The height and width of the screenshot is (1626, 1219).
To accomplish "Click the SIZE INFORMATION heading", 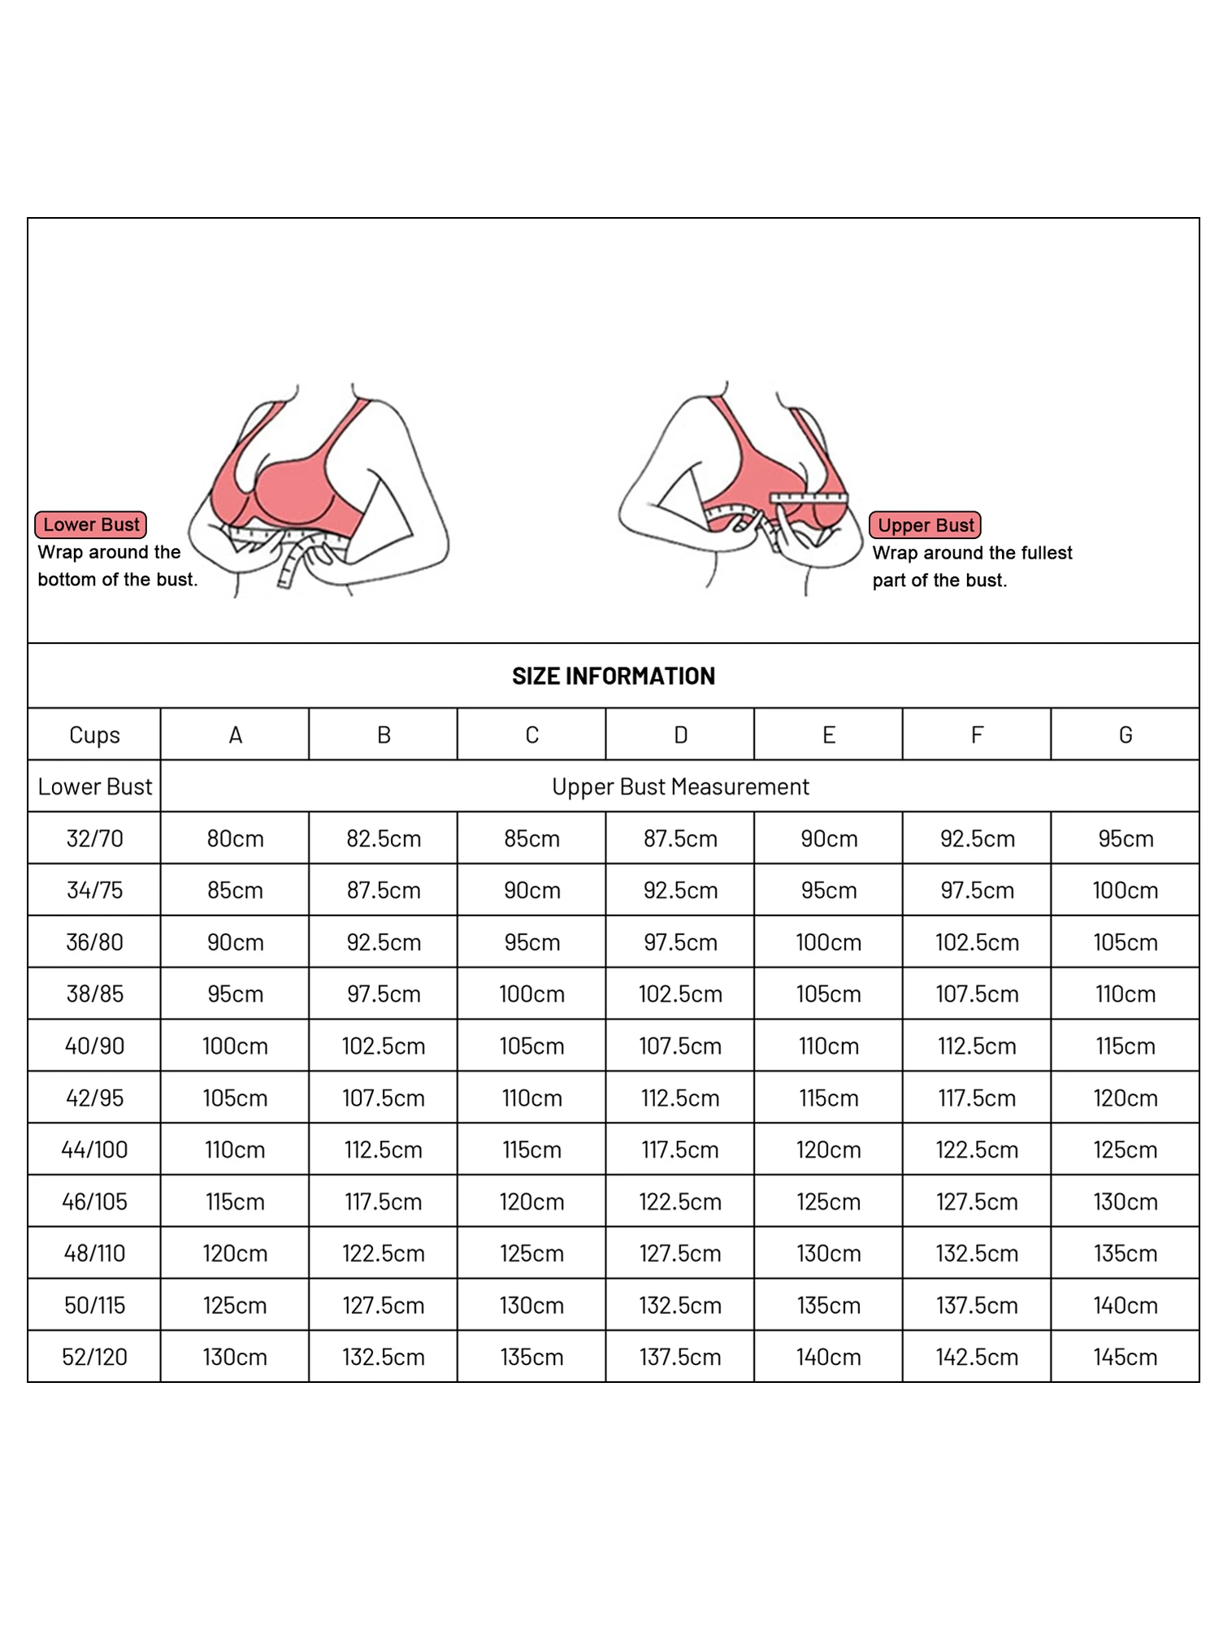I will coord(614,676).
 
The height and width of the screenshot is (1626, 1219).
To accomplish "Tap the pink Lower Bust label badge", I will coord(91,524).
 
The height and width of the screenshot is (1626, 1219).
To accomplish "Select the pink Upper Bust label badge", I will coord(925,525).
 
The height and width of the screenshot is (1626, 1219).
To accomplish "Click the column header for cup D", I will coord(680,735).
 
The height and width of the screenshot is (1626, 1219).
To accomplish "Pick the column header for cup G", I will coord(1125,735).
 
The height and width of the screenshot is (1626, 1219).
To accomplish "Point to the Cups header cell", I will coord(94,735).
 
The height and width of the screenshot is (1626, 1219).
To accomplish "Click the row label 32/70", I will coord(94,838).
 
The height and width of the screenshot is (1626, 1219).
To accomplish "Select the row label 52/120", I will coord(94,1357).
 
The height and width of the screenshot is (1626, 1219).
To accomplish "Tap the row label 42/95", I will coord(94,1098).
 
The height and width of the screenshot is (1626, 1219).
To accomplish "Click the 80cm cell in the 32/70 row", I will coord(235,838).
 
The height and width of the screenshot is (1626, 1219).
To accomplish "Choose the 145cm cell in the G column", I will coord(1125,1357).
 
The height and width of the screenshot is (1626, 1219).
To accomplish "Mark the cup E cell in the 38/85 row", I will coord(828,993).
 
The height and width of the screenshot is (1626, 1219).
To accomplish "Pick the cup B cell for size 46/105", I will coord(383,1202).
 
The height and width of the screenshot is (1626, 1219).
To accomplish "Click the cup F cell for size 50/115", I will coord(976,1306).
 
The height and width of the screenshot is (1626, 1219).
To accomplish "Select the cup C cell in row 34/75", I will coord(531,890).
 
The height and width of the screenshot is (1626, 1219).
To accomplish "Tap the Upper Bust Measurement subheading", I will coord(680,786).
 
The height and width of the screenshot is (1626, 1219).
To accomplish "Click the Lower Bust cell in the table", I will coord(94,786).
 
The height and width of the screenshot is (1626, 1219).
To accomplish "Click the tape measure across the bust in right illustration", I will coord(808,498).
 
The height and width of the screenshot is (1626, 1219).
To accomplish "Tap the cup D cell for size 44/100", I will coord(680,1150).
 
